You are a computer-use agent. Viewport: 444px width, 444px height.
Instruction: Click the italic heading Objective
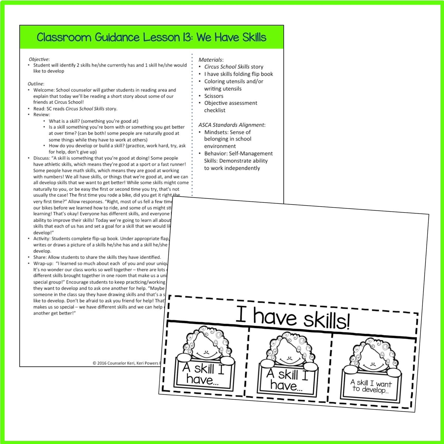pos(39,59)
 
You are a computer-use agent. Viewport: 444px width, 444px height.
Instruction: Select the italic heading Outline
pos(35,84)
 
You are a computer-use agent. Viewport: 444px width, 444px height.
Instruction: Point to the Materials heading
pos(210,60)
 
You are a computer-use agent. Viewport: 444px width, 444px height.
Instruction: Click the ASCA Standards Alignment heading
pos(231,125)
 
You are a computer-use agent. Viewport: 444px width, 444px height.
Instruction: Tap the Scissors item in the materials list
pos(214,96)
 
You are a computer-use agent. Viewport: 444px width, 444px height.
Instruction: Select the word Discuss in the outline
pos(41,158)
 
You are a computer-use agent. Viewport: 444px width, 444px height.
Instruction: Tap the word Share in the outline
pos(39,257)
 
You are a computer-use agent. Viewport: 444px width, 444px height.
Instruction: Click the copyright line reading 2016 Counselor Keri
pos(126,363)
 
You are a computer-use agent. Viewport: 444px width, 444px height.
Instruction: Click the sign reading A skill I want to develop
pos(371,387)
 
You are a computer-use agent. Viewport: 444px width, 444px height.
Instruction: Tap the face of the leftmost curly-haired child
pos(206,348)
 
